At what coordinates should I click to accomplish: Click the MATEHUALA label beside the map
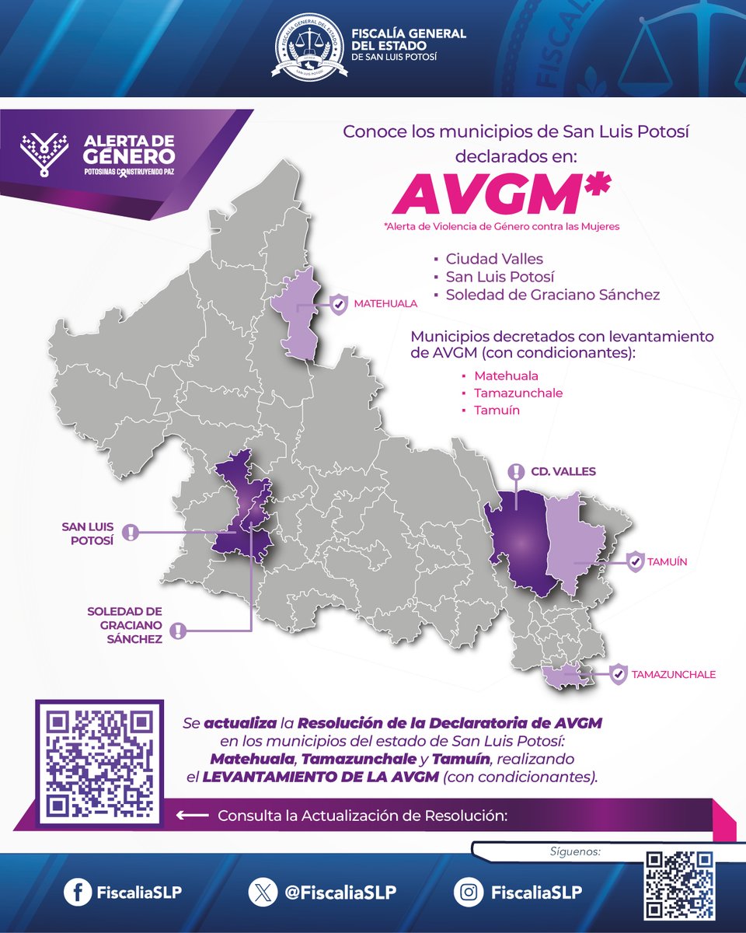[x=385, y=303]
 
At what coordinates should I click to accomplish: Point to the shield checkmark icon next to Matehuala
[x=338, y=304]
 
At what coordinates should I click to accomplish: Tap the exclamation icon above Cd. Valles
[x=516, y=471]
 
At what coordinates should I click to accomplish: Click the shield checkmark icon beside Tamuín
[x=635, y=560]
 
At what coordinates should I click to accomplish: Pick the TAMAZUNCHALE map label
[x=674, y=674]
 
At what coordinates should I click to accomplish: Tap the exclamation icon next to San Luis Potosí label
[x=133, y=533]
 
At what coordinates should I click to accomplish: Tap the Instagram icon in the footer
[x=469, y=893]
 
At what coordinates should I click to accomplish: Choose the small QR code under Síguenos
[x=680, y=886]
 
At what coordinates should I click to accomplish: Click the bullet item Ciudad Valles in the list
[x=494, y=259]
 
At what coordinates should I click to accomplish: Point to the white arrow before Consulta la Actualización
[x=193, y=816]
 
